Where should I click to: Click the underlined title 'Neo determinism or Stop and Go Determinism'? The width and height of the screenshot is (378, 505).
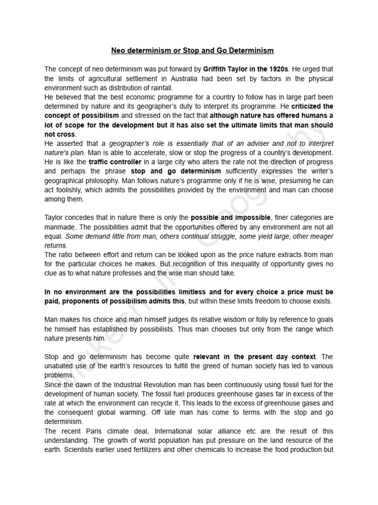(192, 50)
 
